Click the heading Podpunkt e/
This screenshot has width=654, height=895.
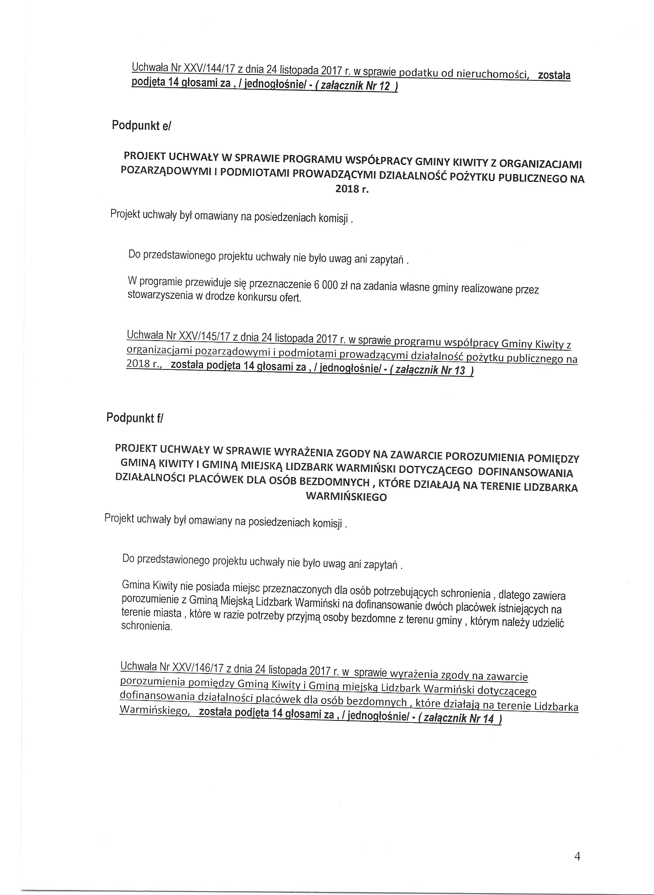(141, 126)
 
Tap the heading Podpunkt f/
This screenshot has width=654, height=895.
(135, 418)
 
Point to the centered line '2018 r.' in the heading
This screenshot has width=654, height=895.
(352, 189)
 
